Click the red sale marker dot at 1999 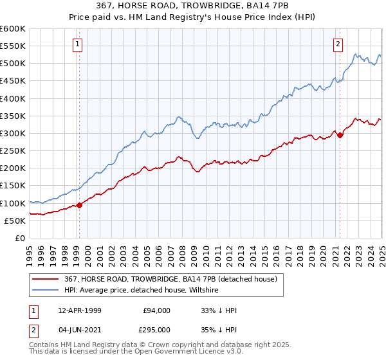tap(80, 205)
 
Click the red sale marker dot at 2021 tap(340, 135)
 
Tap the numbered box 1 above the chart tap(77, 44)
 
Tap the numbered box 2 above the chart tap(338, 44)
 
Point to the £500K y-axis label tap(13, 64)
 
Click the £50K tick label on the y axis tap(15, 221)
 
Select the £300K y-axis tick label tap(13, 133)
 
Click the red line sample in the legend tap(46, 279)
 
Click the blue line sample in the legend tap(46, 291)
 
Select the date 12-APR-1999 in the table tap(75, 310)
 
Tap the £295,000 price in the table tap(156, 328)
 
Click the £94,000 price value tap(156, 310)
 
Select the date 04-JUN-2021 tap(75, 328)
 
